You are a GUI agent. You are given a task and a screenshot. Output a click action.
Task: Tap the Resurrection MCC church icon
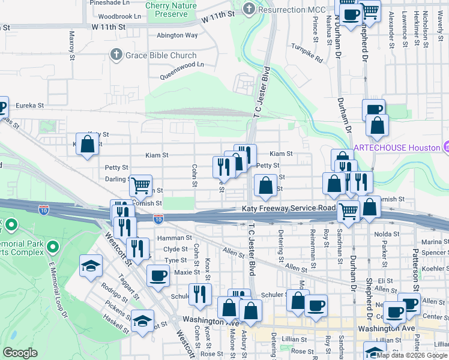click(x=249, y=9)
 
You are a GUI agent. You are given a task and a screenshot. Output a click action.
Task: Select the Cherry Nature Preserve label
click(x=175, y=9)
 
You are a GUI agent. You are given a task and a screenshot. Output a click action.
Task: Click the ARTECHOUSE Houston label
click(x=396, y=148)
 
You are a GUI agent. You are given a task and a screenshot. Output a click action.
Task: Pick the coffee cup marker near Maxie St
click(x=158, y=276)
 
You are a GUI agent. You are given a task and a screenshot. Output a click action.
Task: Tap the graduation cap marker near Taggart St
click(x=91, y=265)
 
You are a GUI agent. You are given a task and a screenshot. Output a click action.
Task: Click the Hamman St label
click(x=170, y=238)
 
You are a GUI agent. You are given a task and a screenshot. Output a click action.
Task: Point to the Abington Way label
click(x=177, y=35)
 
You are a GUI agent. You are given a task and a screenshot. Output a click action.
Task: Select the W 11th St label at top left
click(x=109, y=27)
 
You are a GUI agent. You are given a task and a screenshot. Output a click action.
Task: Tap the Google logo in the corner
click(x=20, y=353)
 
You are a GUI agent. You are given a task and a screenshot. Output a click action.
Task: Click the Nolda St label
click(x=387, y=234)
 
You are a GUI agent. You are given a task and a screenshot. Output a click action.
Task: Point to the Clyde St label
click(x=176, y=249)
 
